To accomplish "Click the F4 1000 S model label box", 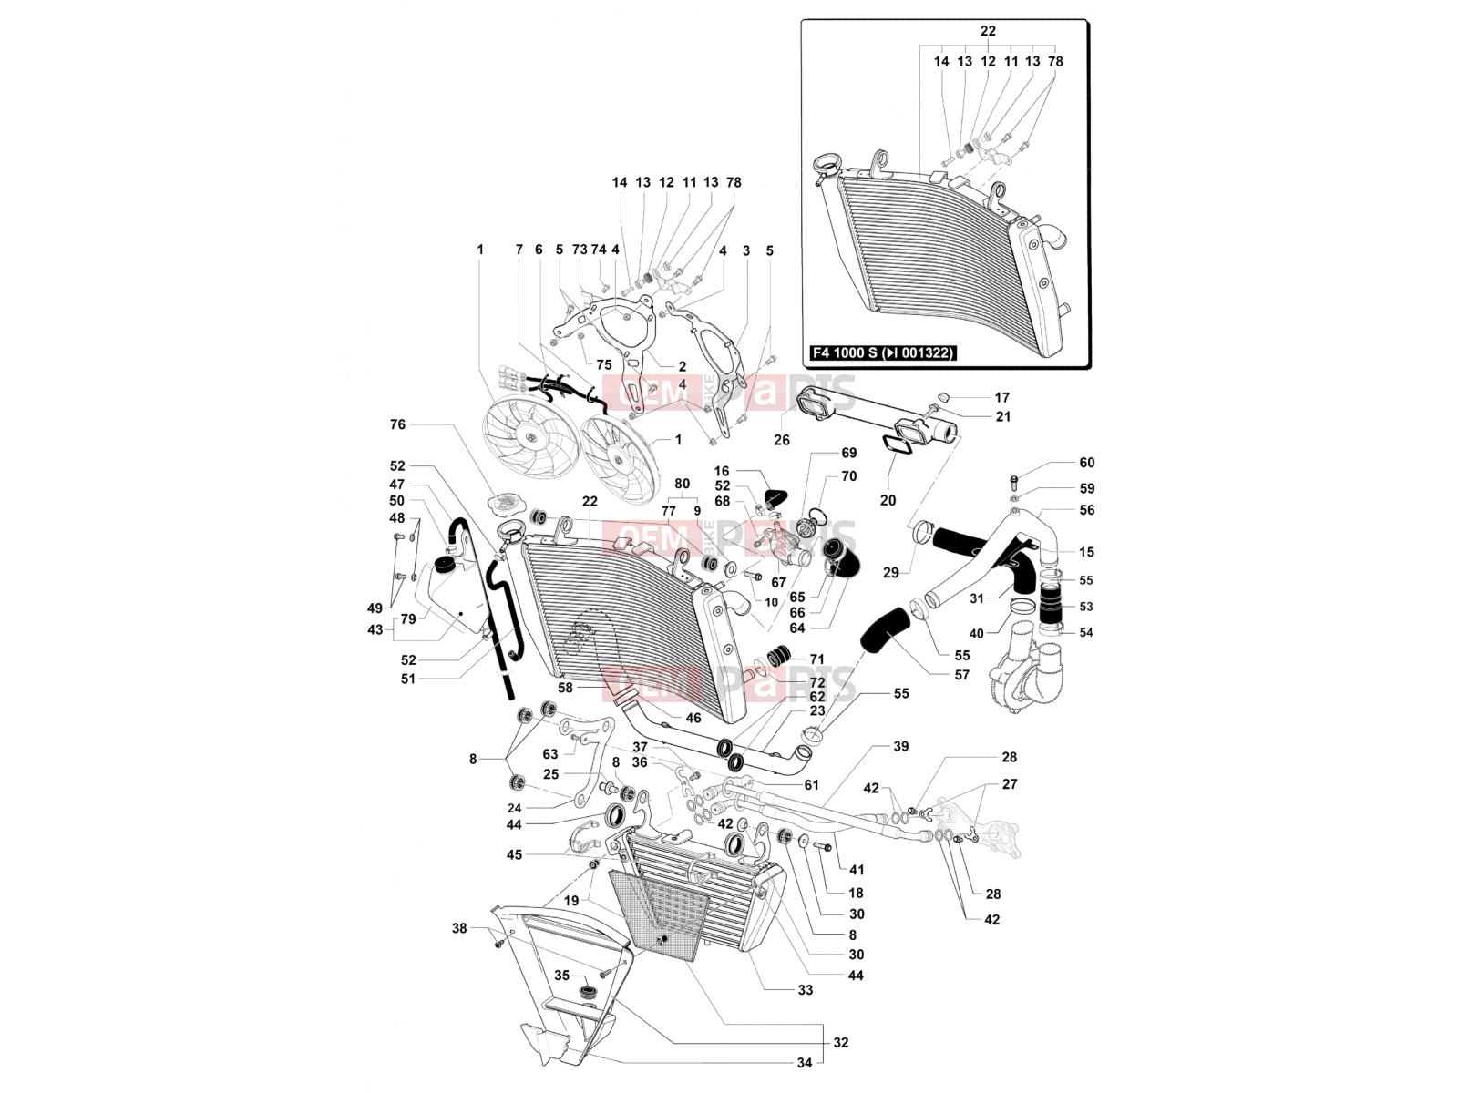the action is pyautogui.click(x=883, y=352).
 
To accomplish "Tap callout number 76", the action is pyautogui.click(x=397, y=424).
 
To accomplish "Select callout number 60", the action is pyautogui.click(x=1087, y=463).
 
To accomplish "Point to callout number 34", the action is pyautogui.click(x=805, y=1062).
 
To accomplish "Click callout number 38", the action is pyautogui.click(x=459, y=928).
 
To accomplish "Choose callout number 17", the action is pyautogui.click(x=1002, y=397).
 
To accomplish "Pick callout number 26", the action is pyautogui.click(x=782, y=439).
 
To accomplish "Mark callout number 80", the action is pyautogui.click(x=683, y=484).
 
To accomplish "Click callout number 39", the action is pyautogui.click(x=900, y=747).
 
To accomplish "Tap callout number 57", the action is pyautogui.click(x=961, y=675).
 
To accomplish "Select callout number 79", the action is pyautogui.click(x=408, y=619).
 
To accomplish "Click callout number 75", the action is pyautogui.click(x=604, y=365).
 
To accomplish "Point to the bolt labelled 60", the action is pyautogui.click(x=1013, y=480).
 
